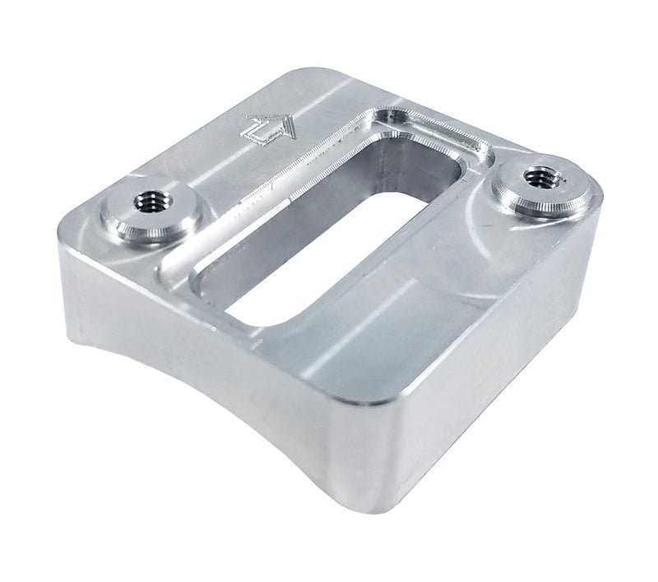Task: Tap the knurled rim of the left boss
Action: pyautogui.click(x=123, y=224)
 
